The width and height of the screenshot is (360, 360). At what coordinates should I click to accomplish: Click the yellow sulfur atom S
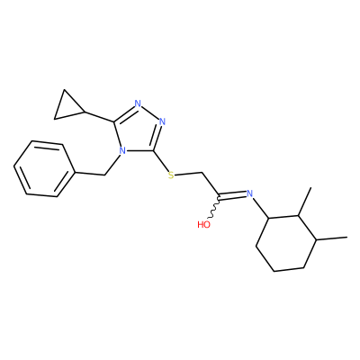coord(171,175)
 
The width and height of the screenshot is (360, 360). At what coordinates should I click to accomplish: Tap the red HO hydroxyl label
coord(204,224)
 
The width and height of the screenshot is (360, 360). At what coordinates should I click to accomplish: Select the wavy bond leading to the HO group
coord(214,209)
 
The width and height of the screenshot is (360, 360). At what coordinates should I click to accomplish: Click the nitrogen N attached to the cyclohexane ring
coord(249,193)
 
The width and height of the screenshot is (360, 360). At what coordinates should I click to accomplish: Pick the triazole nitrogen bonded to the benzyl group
coord(121,150)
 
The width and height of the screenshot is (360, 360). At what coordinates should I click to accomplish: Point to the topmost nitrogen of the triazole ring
coord(138,103)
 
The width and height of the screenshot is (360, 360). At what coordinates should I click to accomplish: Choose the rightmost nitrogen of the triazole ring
coord(162,121)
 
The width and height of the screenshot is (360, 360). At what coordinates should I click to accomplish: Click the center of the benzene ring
coord(44,169)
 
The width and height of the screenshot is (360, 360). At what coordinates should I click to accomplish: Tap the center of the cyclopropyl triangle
coord(67,107)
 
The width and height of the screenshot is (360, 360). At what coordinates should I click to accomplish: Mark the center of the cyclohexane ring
coord(286,241)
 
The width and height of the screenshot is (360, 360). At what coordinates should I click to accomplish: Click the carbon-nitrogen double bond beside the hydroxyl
coord(233,196)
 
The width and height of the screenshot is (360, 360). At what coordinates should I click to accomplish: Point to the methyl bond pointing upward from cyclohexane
coord(305,202)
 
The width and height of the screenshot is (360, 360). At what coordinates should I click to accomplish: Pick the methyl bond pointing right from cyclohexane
coord(332,238)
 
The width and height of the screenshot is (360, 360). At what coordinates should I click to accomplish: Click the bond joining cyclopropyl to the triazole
coord(100,117)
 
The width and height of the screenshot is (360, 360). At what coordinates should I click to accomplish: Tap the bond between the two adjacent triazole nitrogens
coord(150,112)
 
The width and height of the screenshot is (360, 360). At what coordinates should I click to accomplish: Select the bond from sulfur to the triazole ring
coord(161,161)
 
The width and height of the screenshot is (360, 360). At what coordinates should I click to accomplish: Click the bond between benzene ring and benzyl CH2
coord(89,174)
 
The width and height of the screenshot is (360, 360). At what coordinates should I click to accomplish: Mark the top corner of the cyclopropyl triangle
coord(64,89)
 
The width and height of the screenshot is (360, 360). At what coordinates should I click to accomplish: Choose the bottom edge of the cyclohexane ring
coord(289,269)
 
